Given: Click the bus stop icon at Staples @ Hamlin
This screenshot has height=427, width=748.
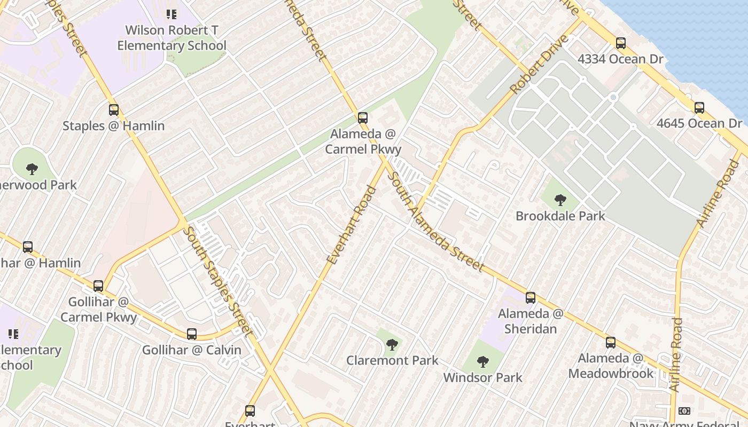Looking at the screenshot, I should tap(114, 110).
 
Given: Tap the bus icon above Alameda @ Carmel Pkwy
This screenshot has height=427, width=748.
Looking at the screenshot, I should tap(363, 118).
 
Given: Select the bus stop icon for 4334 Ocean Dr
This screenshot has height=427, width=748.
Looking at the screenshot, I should tap(620, 43).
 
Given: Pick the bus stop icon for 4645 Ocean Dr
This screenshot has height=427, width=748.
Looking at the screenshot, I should tap(699, 108).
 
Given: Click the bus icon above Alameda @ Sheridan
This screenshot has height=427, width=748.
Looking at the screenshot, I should tap(531, 298).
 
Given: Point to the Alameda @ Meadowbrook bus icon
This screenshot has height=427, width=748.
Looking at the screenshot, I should tap(611, 343).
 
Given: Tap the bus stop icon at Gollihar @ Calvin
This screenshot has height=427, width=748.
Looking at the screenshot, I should tap(192, 335).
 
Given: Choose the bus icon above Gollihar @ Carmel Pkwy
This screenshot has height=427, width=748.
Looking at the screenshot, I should tap(98, 286).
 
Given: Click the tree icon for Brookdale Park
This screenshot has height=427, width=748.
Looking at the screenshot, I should tap(560, 201).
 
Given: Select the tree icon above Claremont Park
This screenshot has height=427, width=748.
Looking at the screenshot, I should tap(392, 345).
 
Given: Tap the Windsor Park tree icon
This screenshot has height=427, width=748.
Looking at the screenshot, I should tap(483, 362).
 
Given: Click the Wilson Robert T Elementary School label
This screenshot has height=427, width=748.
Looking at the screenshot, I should tap(172, 38).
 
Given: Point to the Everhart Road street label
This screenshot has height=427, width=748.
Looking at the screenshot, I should tap(351, 225).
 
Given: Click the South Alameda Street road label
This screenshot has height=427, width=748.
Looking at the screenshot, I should tap(435, 223).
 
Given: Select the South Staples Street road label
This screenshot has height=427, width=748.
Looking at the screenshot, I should tap(217, 280).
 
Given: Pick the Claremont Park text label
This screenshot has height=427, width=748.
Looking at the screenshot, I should tap(392, 360).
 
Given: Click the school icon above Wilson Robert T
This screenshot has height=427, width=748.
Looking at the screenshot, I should tap(171, 14).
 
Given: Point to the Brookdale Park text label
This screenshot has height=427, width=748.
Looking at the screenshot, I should tap(560, 216).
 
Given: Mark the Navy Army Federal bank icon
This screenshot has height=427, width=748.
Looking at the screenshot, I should tap(684, 411).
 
